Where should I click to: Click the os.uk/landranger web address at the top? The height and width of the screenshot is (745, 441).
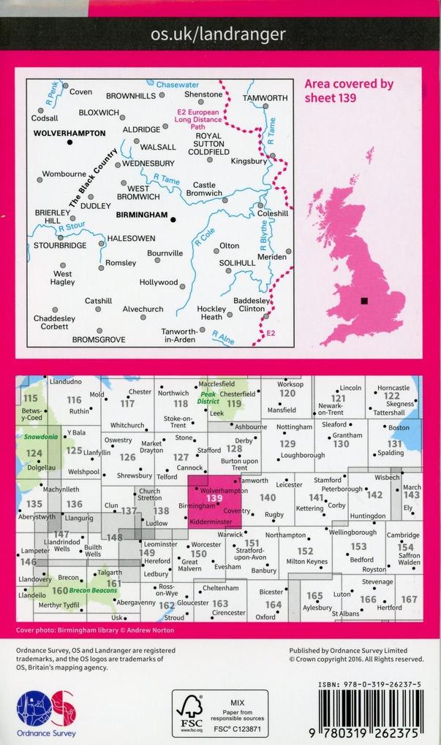218,34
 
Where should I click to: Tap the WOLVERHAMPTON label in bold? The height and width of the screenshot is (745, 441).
69,134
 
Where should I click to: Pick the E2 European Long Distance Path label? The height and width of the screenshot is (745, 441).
197,119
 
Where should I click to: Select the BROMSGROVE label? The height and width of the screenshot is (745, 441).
99,340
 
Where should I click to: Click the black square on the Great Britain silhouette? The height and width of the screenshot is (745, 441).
363,300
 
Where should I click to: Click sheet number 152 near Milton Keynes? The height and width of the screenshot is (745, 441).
305,551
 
